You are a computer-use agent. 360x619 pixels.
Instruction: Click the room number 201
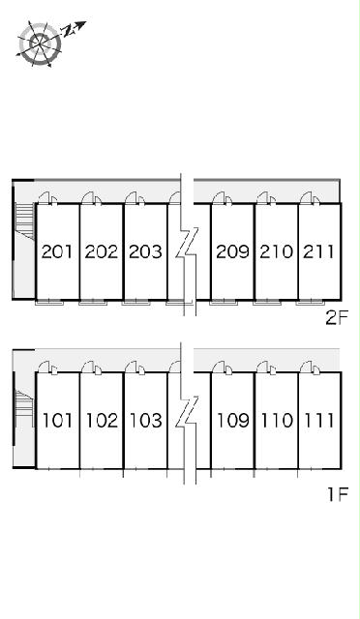(57, 251)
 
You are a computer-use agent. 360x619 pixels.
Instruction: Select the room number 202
(102, 251)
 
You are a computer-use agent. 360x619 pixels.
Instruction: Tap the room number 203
(145, 251)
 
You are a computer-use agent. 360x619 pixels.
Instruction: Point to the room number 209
(233, 251)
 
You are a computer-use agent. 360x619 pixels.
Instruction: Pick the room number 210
(276, 251)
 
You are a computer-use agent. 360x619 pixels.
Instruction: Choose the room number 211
(318, 251)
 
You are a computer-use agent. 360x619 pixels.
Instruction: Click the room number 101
(58, 421)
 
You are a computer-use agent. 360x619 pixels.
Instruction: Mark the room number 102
(102, 421)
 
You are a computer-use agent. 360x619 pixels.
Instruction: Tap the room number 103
(146, 421)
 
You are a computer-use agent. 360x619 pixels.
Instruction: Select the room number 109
(233, 421)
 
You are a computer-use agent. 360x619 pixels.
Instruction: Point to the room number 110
(277, 421)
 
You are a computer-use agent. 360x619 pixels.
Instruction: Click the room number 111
(319, 421)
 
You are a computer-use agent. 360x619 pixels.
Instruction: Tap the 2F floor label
(337, 318)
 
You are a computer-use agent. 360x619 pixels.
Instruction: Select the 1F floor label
(338, 494)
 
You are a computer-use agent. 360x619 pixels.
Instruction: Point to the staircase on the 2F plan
(25, 221)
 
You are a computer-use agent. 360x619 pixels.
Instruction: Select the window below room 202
(93, 303)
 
